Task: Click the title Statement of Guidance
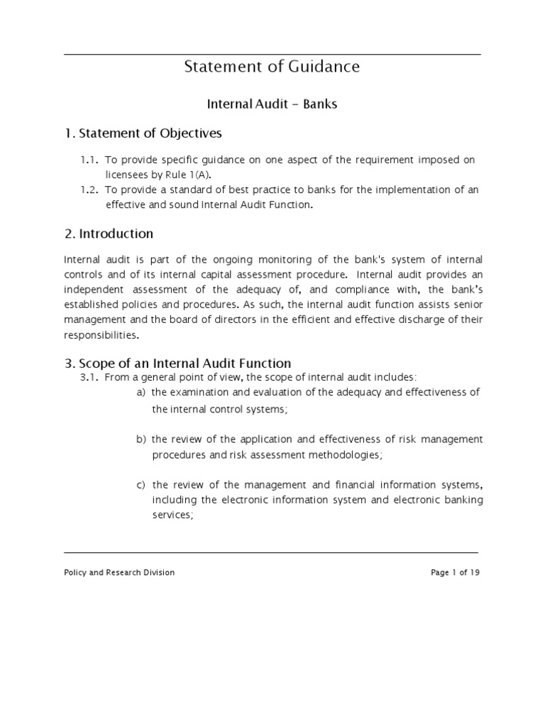(x=272, y=67)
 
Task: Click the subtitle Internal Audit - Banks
(x=272, y=104)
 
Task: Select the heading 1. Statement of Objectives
(x=143, y=133)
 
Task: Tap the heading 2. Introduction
(x=109, y=234)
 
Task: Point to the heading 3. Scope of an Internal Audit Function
(x=177, y=363)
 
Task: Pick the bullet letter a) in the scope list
(x=141, y=393)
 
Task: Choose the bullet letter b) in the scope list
(x=141, y=439)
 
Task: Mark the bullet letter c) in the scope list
(x=141, y=486)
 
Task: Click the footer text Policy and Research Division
(x=119, y=572)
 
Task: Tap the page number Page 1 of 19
(x=456, y=572)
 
